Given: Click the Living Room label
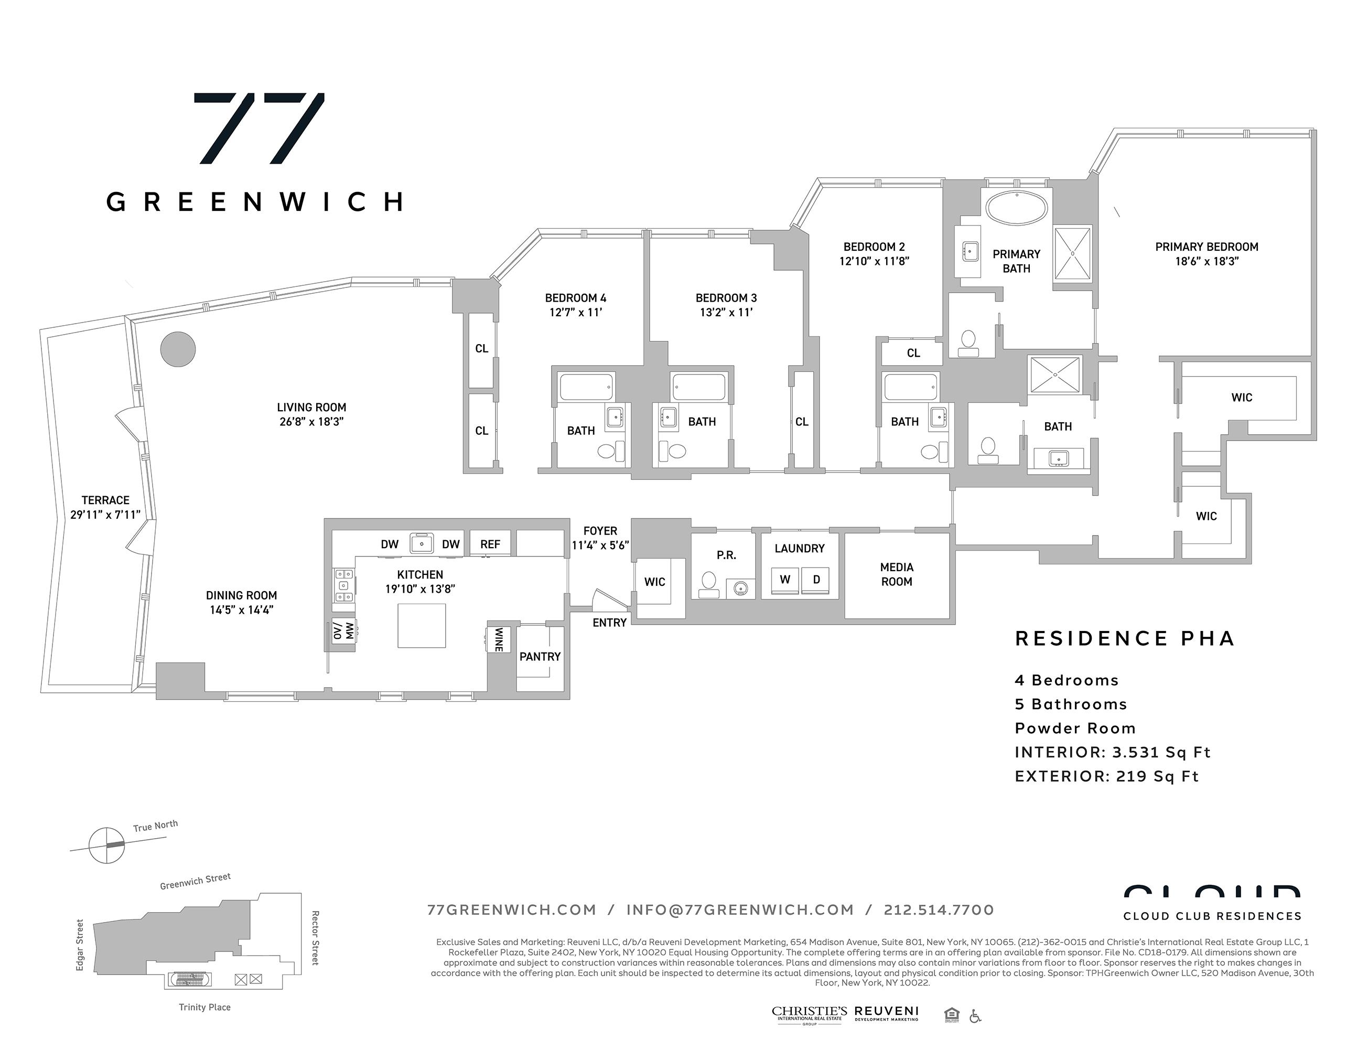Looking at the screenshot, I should tap(311, 408).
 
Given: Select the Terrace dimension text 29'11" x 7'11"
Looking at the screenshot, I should tap(105, 515).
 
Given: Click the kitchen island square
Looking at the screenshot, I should tap(421, 625).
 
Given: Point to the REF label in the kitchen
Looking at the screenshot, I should tap(490, 544).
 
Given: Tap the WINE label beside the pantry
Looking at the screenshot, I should tap(498, 639).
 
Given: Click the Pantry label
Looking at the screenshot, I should tap(540, 656).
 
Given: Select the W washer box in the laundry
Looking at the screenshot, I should tap(785, 580).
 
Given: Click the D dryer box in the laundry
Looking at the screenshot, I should tap(816, 580).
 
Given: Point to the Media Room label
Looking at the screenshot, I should tap(896, 574).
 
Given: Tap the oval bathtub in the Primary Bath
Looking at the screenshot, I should tap(1017, 208).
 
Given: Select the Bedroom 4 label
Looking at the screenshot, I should tap(575, 298).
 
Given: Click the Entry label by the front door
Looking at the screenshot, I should tap(609, 623).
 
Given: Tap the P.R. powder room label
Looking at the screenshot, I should tap(726, 555).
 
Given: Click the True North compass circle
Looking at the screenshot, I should tap(106, 845).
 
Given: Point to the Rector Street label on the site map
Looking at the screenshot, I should tap(315, 937).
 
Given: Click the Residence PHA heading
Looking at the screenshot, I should tap(1124, 639).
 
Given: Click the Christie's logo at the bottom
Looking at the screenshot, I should tap(809, 1014).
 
